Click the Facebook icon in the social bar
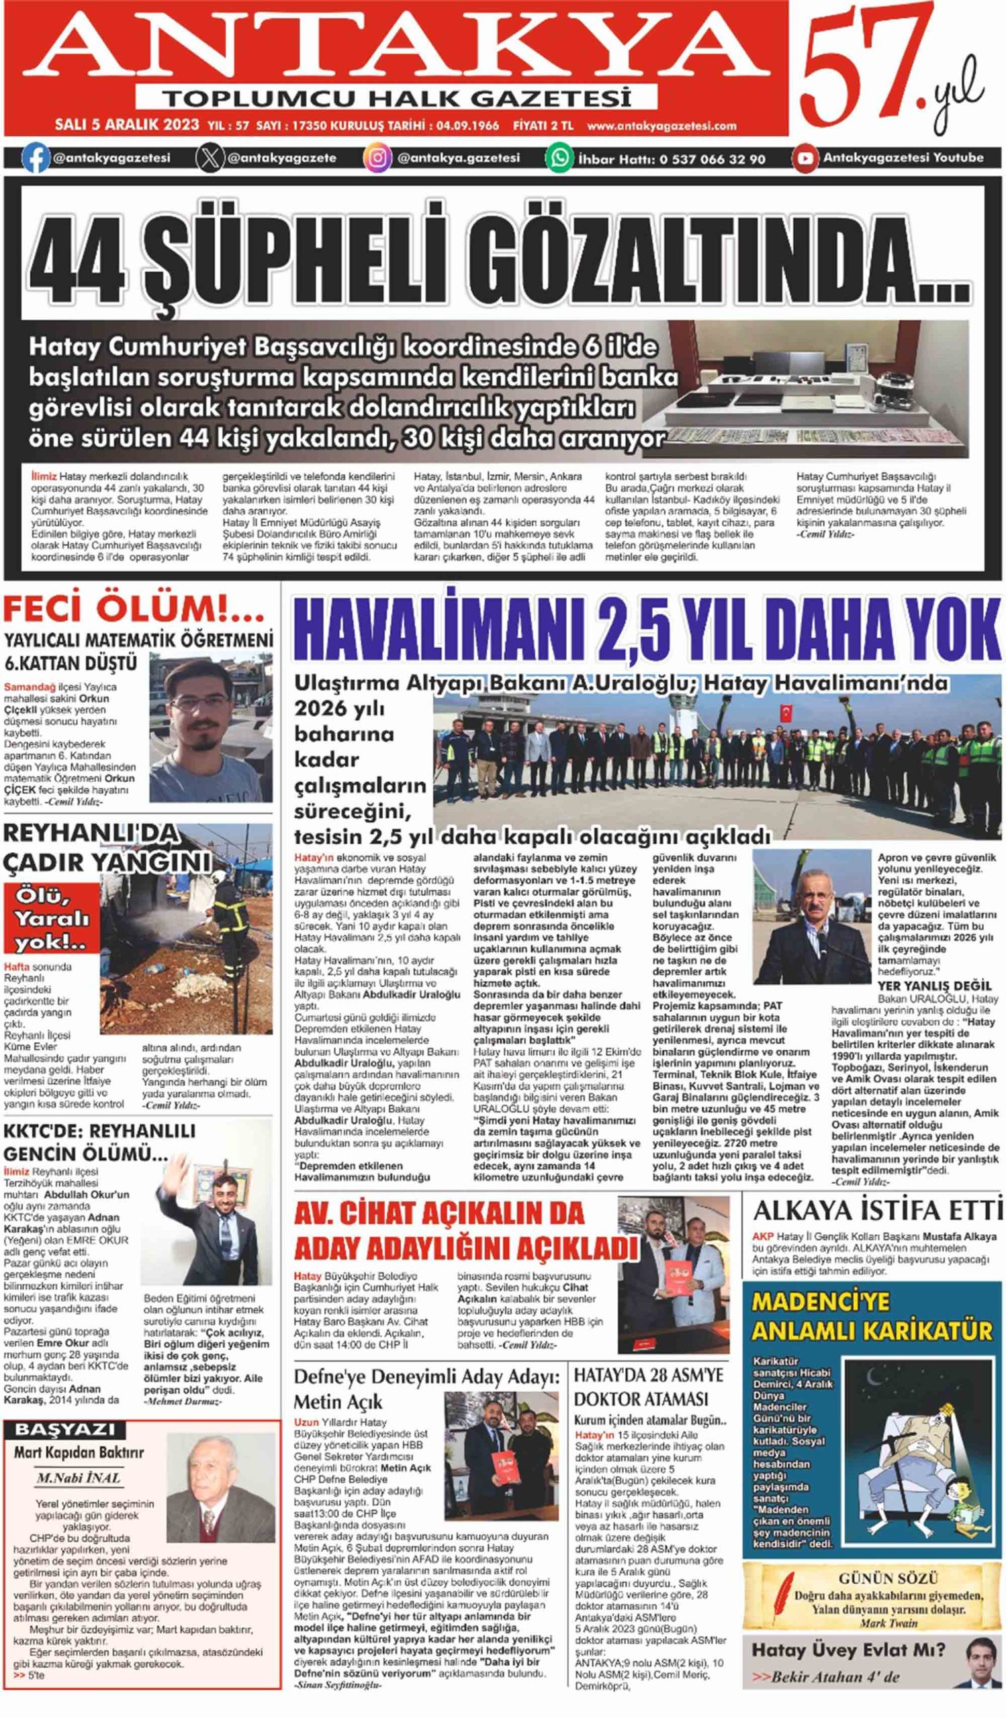(x=35, y=158)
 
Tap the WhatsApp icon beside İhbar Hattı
(x=559, y=158)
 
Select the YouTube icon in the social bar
(x=805, y=158)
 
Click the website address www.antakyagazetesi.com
(x=661, y=125)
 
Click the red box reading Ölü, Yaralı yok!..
(x=52, y=917)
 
